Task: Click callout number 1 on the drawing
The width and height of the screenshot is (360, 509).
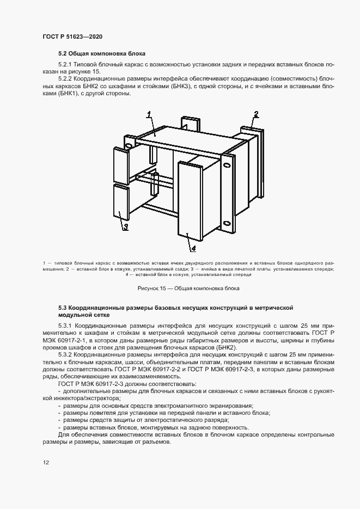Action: pyautogui.click(x=148, y=114)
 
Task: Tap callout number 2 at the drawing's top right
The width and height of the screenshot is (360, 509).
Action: pyautogui.click(x=255, y=114)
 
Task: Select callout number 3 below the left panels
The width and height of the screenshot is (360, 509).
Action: pyautogui.click(x=125, y=227)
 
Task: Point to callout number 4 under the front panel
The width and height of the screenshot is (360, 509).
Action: pyautogui.click(x=192, y=248)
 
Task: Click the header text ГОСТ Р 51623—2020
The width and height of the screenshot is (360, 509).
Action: pyautogui.click(x=72, y=36)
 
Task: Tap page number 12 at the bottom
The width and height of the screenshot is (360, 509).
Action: pyautogui.click(x=46, y=462)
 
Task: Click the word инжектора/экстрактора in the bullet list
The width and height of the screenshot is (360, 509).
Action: pyautogui.click(x=88, y=398)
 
